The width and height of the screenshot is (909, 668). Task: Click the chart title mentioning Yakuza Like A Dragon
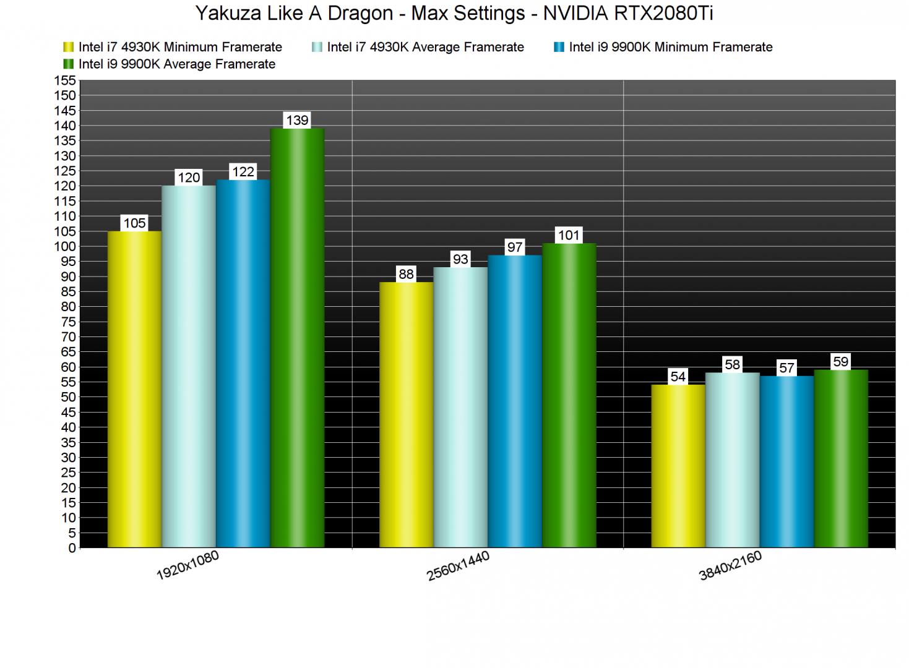(454, 13)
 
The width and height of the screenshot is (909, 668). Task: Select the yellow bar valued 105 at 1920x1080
(134, 389)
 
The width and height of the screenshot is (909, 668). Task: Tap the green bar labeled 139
(297, 338)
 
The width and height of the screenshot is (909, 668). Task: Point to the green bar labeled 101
(569, 395)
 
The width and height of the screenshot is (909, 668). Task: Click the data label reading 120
(189, 178)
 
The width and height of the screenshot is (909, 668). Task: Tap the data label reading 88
(406, 274)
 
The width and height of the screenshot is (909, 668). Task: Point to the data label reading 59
(840, 362)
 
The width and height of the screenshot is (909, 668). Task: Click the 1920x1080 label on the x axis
(187, 565)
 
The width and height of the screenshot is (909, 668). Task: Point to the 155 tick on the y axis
(65, 80)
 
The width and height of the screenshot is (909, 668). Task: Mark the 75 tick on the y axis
(68, 322)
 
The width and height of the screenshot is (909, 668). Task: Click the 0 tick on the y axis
(72, 548)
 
